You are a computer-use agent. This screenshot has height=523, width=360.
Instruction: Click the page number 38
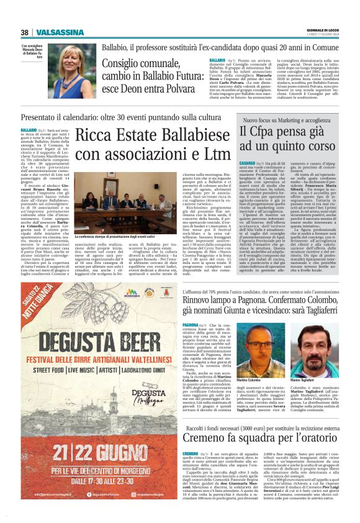tap(24, 32)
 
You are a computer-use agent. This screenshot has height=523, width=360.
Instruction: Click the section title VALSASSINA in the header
tap(56, 32)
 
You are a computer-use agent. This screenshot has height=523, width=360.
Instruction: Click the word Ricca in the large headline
tap(94, 134)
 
